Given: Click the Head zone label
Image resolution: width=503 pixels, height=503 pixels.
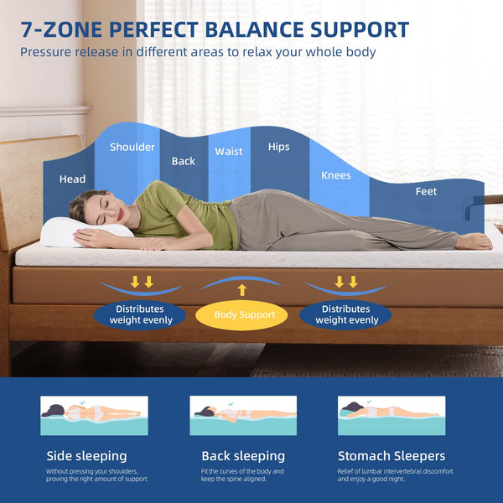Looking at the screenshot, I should click(72, 179).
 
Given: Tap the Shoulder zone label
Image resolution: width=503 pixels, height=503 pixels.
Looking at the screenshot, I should click(132, 148).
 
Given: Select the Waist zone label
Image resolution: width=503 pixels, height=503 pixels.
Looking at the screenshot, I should click(229, 152).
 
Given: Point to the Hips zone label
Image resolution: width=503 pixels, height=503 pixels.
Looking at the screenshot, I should click(278, 147).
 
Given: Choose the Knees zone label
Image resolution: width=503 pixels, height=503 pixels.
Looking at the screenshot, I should click(336, 175).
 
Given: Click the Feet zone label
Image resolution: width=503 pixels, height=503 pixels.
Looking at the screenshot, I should click(426, 191).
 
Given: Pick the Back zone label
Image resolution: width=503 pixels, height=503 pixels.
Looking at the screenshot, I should click(183, 161).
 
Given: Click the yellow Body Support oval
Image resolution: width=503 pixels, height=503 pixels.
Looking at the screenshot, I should click(241, 315).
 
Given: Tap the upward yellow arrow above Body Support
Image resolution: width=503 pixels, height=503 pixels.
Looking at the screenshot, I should click(241, 290).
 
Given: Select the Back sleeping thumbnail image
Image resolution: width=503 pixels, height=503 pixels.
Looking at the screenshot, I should click(243, 416).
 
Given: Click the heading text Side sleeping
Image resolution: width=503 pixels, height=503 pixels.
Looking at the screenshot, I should click(86, 456).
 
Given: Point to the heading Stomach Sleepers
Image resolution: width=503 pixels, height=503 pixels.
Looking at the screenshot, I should click(391, 456).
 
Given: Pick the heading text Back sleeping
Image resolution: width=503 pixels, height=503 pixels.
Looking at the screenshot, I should click(243, 456).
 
